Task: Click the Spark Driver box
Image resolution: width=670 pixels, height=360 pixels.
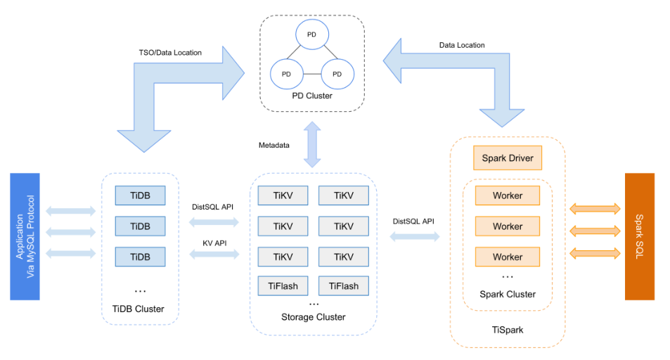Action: [x=507, y=157]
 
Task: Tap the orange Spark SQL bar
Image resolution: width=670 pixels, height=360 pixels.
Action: [x=639, y=236]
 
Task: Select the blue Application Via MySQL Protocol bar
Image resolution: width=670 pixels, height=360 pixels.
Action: [x=25, y=236]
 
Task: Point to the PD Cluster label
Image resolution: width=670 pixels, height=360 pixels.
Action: [x=312, y=96]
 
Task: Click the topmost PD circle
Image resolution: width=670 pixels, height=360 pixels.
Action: [x=312, y=34]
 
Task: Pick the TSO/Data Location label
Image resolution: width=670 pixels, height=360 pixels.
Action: [x=170, y=53]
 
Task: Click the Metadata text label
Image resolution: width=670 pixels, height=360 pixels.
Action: [x=274, y=146]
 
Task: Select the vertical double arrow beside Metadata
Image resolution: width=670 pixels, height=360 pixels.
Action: [x=312, y=145]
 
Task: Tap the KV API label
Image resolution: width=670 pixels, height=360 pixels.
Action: [x=214, y=243]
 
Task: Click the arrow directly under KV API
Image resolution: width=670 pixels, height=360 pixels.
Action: [x=214, y=255]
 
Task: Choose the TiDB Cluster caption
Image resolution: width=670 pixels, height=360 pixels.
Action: [x=138, y=309]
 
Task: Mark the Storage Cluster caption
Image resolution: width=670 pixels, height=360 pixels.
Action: [x=314, y=317]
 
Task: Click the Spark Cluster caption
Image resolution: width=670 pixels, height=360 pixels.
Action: [x=508, y=294]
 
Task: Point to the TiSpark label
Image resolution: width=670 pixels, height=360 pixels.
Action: [x=508, y=330]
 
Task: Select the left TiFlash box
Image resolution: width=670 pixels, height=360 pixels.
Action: [x=283, y=286]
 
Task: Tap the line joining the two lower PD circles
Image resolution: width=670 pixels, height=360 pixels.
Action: [x=312, y=74]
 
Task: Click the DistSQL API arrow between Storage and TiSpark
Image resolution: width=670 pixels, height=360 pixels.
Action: [x=415, y=236]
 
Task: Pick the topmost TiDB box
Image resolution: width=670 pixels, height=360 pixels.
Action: [x=140, y=195]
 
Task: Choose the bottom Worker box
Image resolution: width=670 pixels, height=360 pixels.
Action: [x=508, y=257]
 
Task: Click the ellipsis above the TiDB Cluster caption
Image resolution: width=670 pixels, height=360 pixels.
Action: [x=140, y=291]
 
